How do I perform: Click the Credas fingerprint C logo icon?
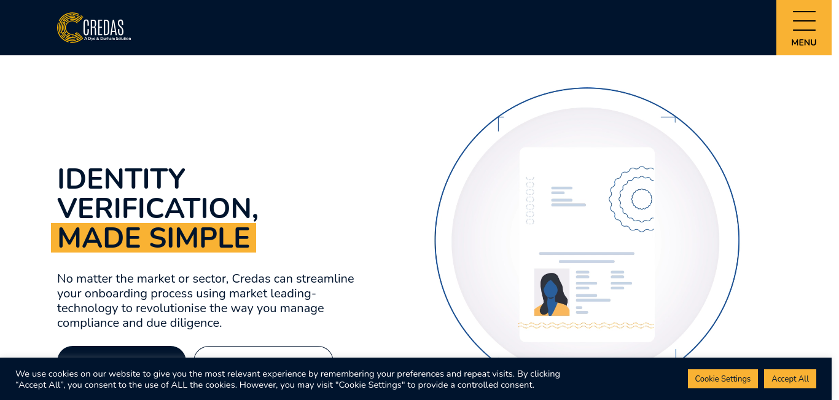[69, 27]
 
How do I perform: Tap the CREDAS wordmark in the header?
[103, 27]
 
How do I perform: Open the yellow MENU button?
[804, 28]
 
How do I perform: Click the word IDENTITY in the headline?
[122, 179]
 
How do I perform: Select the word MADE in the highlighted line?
[100, 238]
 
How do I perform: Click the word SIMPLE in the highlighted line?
[200, 238]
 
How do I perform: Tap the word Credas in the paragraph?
[251, 279]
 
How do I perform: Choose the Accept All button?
[790, 378]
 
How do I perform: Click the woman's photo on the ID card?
[552, 292]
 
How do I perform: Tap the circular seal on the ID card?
[632, 199]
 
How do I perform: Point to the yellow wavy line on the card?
[586, 326]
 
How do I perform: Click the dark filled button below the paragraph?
[122, 352]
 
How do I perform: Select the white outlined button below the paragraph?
[263, 352]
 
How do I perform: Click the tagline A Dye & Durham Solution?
[107, 39]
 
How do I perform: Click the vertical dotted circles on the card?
[530, 201]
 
